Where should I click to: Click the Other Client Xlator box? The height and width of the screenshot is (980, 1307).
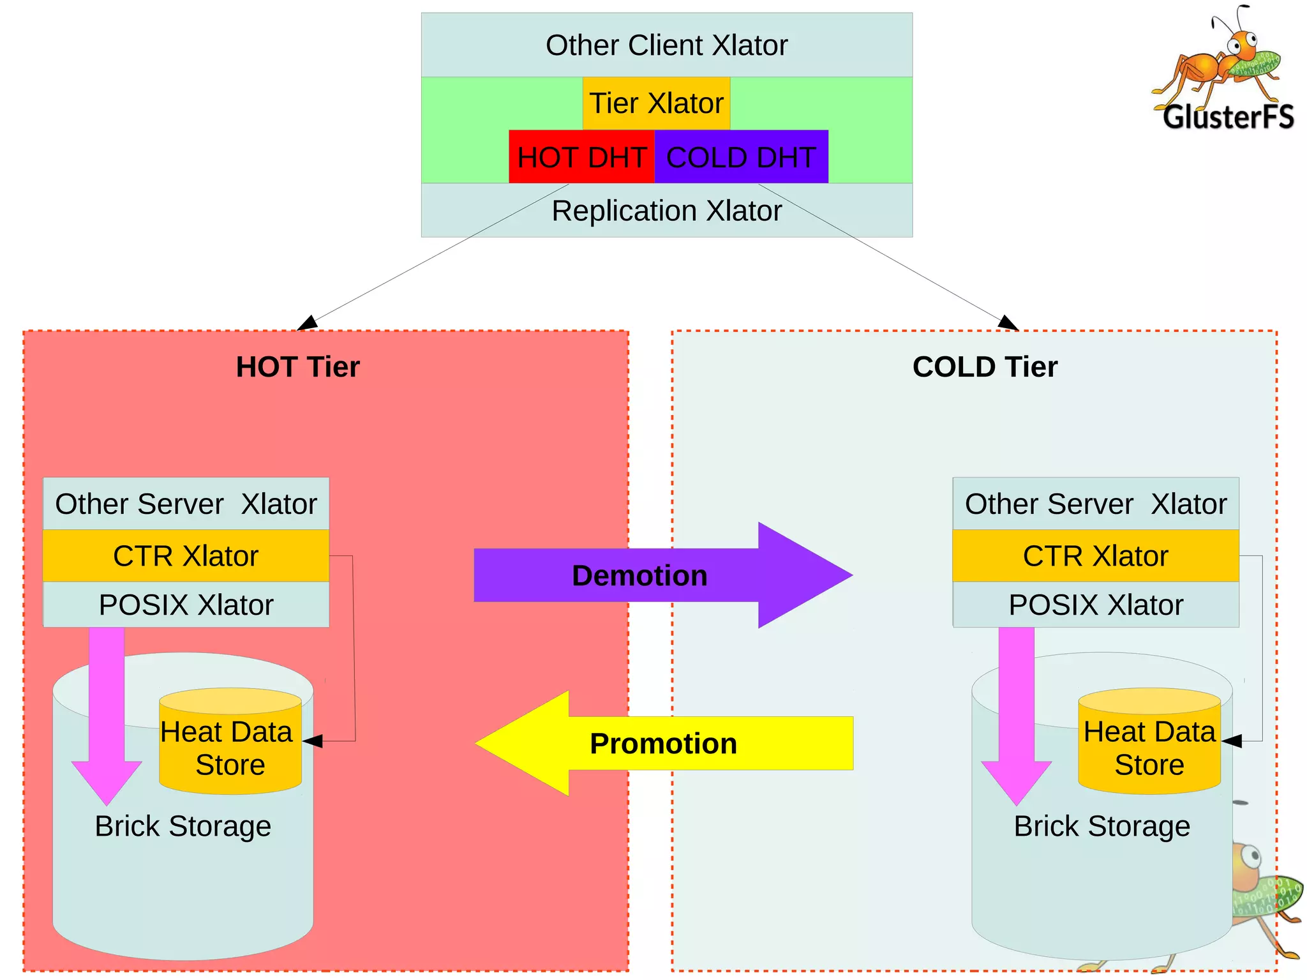point(666,45)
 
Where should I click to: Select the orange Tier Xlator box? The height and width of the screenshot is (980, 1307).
point(656,103)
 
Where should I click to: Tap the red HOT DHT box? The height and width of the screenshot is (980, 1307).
point(581,157)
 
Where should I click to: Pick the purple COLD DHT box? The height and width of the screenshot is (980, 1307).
point(741,157)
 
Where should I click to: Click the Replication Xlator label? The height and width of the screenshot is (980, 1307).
point(666,211)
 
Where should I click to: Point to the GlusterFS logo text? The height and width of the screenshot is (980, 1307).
point(1228,117)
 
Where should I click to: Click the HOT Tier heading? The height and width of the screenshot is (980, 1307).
point(297,367)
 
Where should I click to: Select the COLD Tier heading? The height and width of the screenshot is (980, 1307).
point(985,367)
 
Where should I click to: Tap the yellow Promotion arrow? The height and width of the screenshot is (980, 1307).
point(664,744)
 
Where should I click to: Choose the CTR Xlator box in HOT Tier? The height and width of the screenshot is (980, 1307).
point(186,555)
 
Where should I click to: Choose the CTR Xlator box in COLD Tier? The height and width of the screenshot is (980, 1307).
point(1095,555)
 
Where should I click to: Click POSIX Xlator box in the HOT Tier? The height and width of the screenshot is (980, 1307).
point(186,605)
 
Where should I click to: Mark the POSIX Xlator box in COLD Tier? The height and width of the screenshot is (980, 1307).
point(1095,605)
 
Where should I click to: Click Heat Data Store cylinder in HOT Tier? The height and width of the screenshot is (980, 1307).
point(230,747)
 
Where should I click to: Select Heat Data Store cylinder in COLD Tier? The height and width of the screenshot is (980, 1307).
point(1149,747)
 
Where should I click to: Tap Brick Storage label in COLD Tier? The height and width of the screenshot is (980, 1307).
point(1102,826)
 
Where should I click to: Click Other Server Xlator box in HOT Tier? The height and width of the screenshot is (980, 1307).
point(186,504)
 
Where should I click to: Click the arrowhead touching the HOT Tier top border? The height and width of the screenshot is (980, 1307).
point(307,323)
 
